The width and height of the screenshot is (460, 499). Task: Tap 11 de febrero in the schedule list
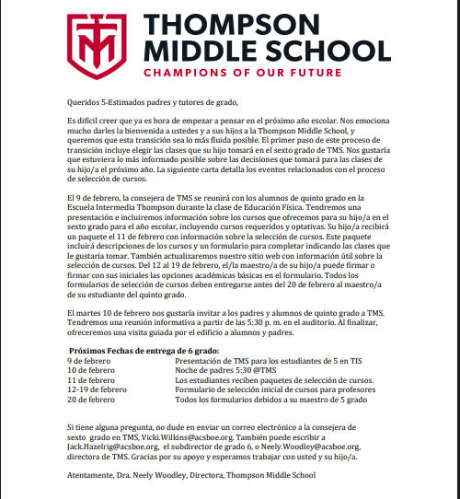[91, 379]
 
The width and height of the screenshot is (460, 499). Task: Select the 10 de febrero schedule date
[91, 370]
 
